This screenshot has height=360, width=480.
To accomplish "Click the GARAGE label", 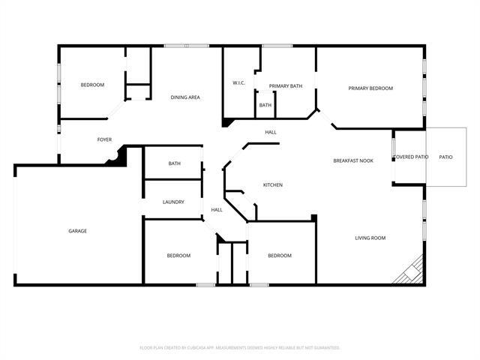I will click(78, 231).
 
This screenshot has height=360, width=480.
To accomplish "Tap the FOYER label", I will click(104, 140).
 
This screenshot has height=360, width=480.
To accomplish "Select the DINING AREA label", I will click(184, 97).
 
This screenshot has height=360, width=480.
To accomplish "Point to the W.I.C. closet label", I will click(239, 82).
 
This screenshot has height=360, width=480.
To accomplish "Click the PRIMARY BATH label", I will click(286, 86).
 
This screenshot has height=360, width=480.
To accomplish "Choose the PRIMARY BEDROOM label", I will click(370, 88).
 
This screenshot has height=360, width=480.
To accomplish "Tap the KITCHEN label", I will click(272, 184).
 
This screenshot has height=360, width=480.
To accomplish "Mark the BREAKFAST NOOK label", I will click(353, 161).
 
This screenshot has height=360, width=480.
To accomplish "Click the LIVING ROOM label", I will click(370, 238).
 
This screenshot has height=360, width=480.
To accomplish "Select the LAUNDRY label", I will click(173, 202).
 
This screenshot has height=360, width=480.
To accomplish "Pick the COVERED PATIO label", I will click(410, 157).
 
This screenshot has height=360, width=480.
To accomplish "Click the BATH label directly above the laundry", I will click(174, 163).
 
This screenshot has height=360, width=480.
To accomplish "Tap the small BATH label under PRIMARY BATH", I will click(265, 106).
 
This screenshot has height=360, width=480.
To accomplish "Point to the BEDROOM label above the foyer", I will click(92, 85).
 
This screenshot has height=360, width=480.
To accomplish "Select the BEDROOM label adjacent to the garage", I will click(178, 256).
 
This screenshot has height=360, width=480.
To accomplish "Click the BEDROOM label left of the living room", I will click(280, 256).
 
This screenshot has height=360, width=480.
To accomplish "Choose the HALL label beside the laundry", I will click(217, 210).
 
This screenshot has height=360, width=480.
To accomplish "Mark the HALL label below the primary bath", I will click(271, 133).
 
